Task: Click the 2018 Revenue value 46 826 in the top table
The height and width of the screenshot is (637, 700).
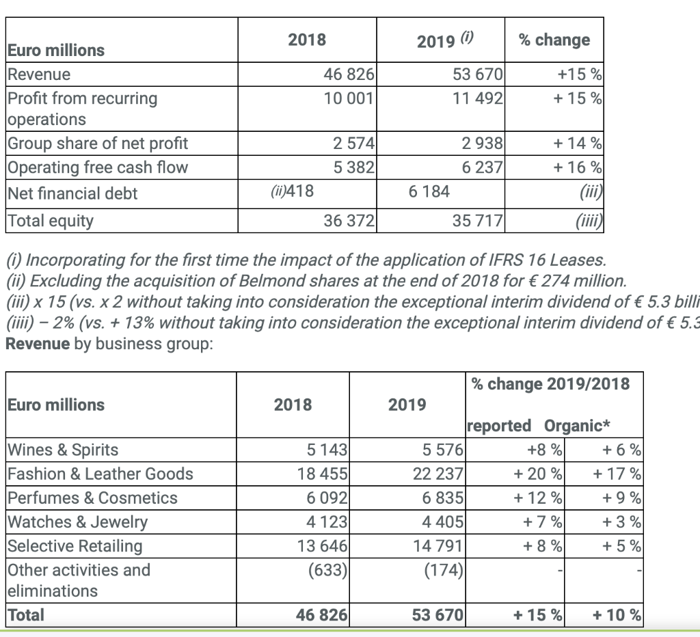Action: pos(348,74)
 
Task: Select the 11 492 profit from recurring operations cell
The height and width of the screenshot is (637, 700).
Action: pos(478,98)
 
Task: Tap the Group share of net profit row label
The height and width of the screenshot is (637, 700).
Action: pos(97,144)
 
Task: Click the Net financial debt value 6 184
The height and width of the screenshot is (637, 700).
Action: pos(429,192)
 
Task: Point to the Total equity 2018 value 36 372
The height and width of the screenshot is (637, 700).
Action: pos(349,221)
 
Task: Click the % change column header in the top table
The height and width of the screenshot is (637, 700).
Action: pos(554,40)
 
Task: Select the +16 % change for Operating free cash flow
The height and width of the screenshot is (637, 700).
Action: pos(578,167)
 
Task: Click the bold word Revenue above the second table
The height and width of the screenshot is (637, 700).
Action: pos(37,343)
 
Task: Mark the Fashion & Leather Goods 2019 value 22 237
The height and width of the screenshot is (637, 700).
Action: pos(438,474)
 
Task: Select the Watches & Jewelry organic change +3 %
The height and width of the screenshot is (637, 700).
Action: pos(621,522)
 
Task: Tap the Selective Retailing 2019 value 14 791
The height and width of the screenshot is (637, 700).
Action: pos(438,546)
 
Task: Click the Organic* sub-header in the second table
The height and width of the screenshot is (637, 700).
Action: pos(577,426)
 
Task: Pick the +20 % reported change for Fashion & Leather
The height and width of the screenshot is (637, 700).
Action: pos(538,474)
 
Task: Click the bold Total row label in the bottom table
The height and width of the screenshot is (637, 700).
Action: pos(26,614)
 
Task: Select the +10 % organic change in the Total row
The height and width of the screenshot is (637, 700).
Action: pos(617,615)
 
